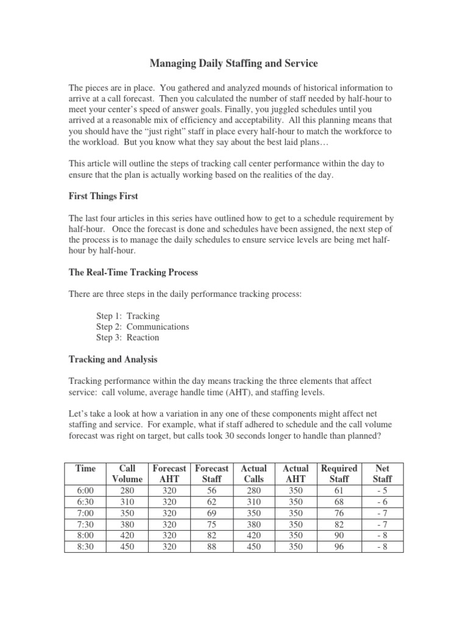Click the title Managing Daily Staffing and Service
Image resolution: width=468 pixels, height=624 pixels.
(233, 63)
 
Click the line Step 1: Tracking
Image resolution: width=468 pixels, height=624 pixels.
(128, 316)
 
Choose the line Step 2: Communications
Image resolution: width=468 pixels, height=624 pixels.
(143, 327)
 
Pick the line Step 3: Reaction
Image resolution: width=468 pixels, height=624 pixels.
(127, 338)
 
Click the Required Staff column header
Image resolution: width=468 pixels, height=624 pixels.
(339, 473)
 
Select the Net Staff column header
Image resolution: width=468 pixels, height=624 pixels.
(382, 473)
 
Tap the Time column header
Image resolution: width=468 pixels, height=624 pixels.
(85, 468)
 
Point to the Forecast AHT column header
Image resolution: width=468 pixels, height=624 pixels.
(169, 473)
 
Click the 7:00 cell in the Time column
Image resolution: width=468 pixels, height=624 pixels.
(85, 513)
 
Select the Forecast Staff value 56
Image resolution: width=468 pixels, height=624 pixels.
(211, 491)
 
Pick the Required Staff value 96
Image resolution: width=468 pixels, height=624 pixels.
(339, 547)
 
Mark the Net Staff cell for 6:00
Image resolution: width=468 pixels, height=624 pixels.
(382, 491)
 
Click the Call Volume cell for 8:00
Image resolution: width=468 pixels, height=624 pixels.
(127, 536)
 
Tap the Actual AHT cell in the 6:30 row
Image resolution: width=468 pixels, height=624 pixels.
(296, 502)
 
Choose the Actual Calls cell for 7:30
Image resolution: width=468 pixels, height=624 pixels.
(254, 524)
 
